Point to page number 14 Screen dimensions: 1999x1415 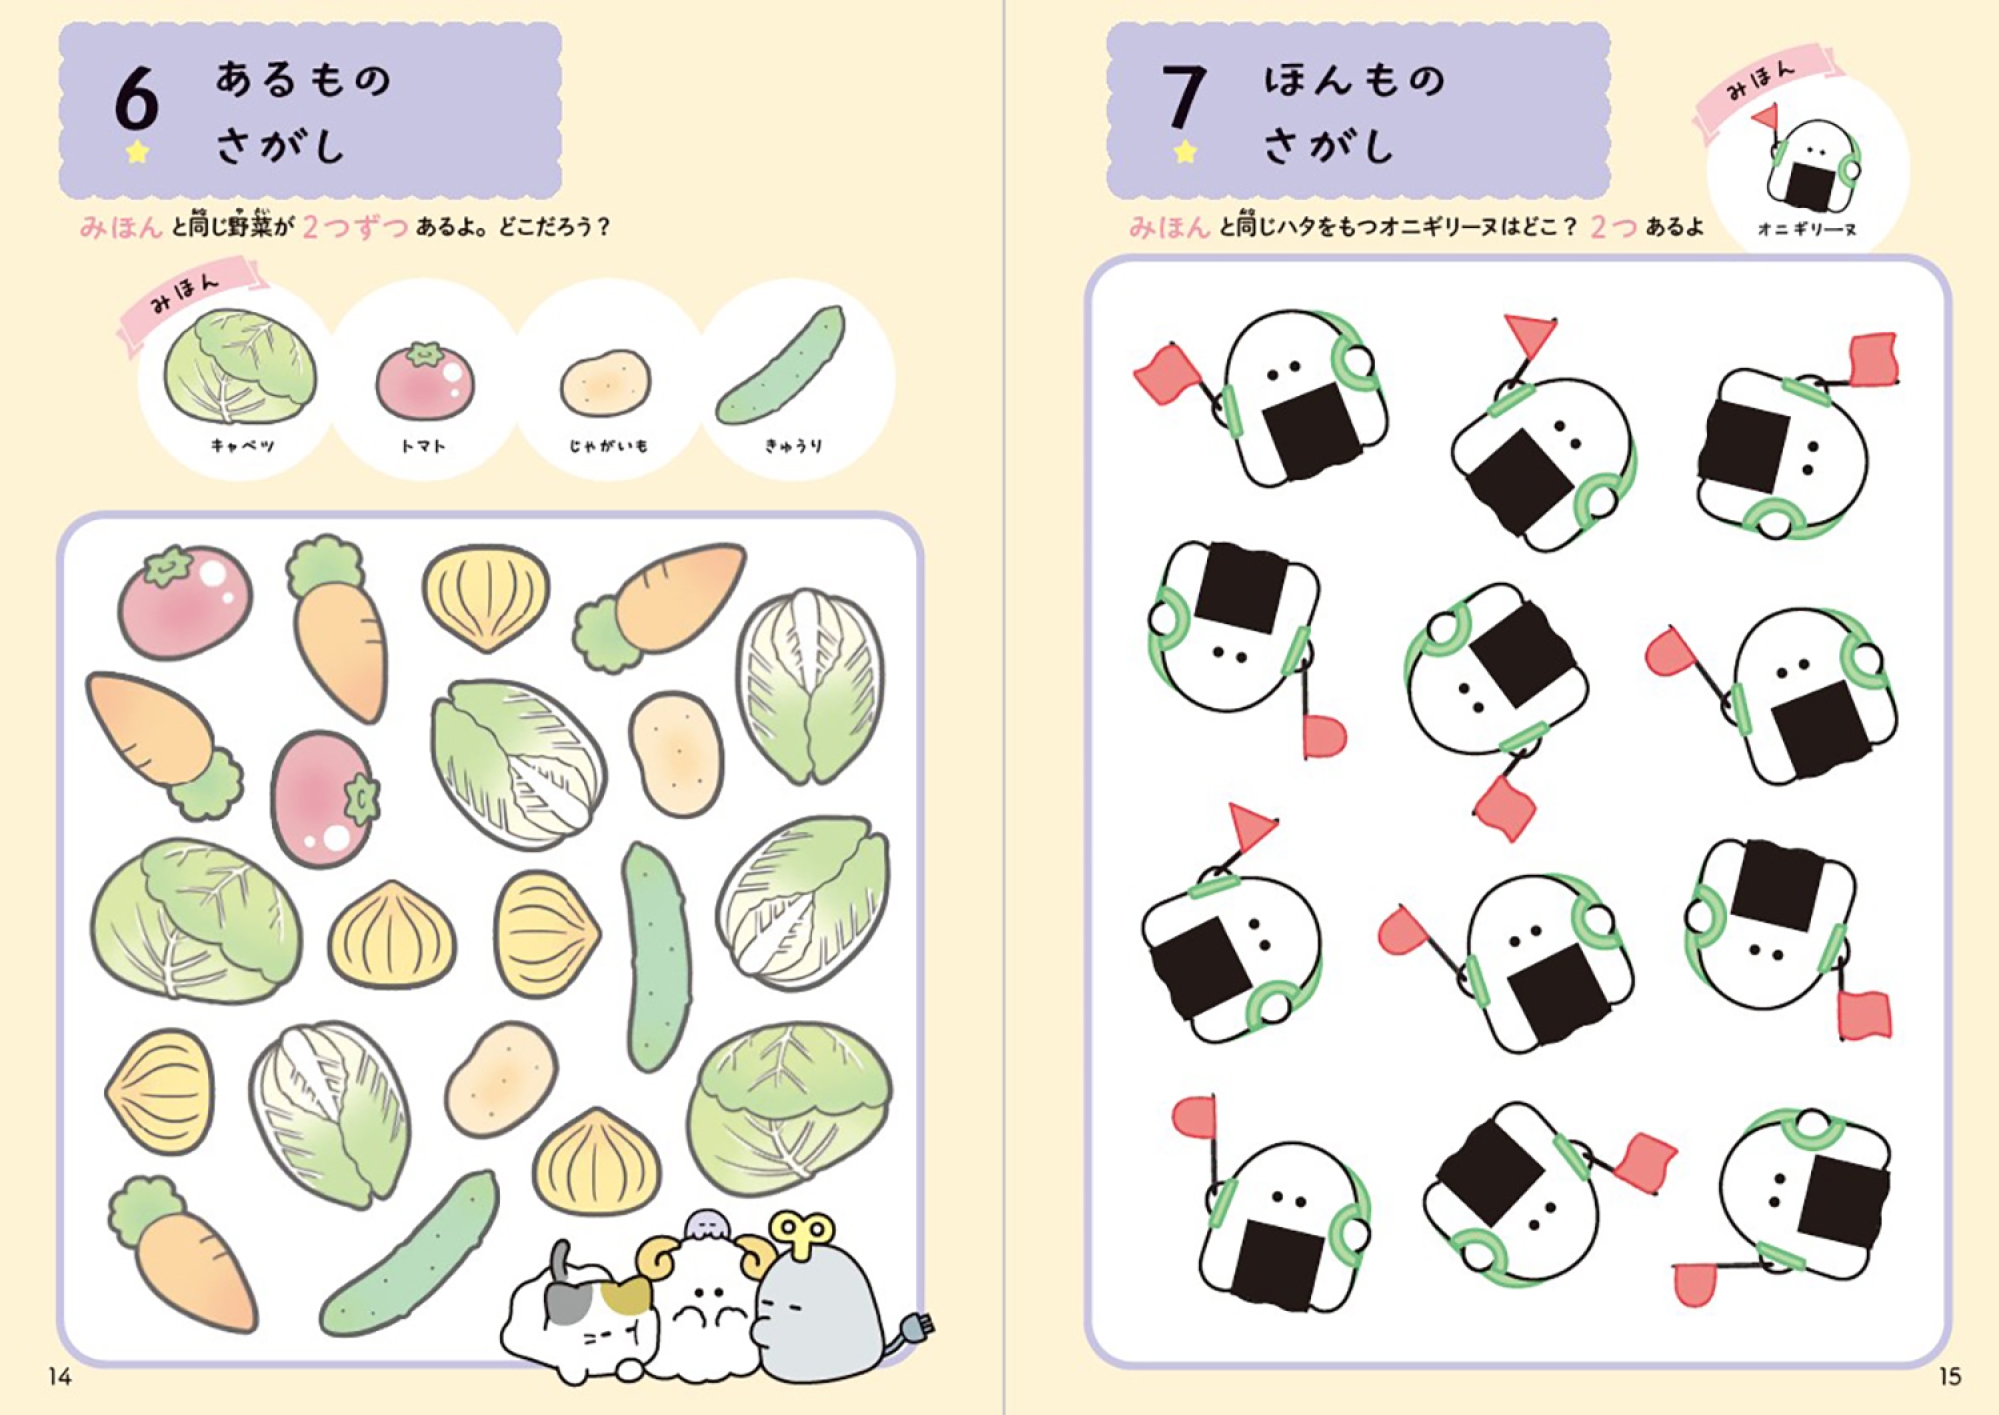(x=59, y=1377)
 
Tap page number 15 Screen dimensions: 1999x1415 (x=1949, y=1377)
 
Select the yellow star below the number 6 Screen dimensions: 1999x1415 (x=137, y=152)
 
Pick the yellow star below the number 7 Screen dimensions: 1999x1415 (x=1184, y=152)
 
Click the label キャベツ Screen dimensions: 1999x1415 (x=242, y=445)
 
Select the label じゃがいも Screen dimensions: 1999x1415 (x=608, y=445)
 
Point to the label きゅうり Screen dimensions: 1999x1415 (x=793, y=445)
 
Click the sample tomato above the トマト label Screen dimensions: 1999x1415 (x=424, y=380)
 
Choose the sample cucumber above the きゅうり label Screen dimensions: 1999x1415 (x=781, y=365)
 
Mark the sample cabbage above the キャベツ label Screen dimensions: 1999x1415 (x=240, y=365)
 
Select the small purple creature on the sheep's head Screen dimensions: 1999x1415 (x=705, y=1224)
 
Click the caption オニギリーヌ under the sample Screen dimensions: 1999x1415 (x=1807, y=229)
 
